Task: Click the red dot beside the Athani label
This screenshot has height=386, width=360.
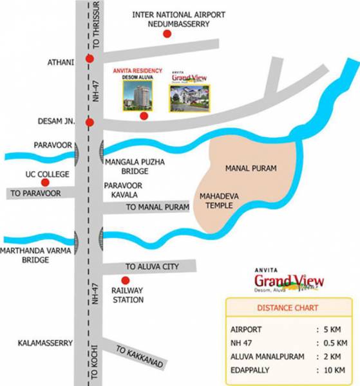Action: click(x=90, y=62)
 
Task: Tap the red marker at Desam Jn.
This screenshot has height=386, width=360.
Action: click(x=90, y=122)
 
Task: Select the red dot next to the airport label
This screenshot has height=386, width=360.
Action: click(x=168, y=34)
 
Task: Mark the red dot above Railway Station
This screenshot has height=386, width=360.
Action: click(x=126, y=280)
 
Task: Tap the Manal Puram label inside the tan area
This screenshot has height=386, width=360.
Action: click(x=251, y=169)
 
